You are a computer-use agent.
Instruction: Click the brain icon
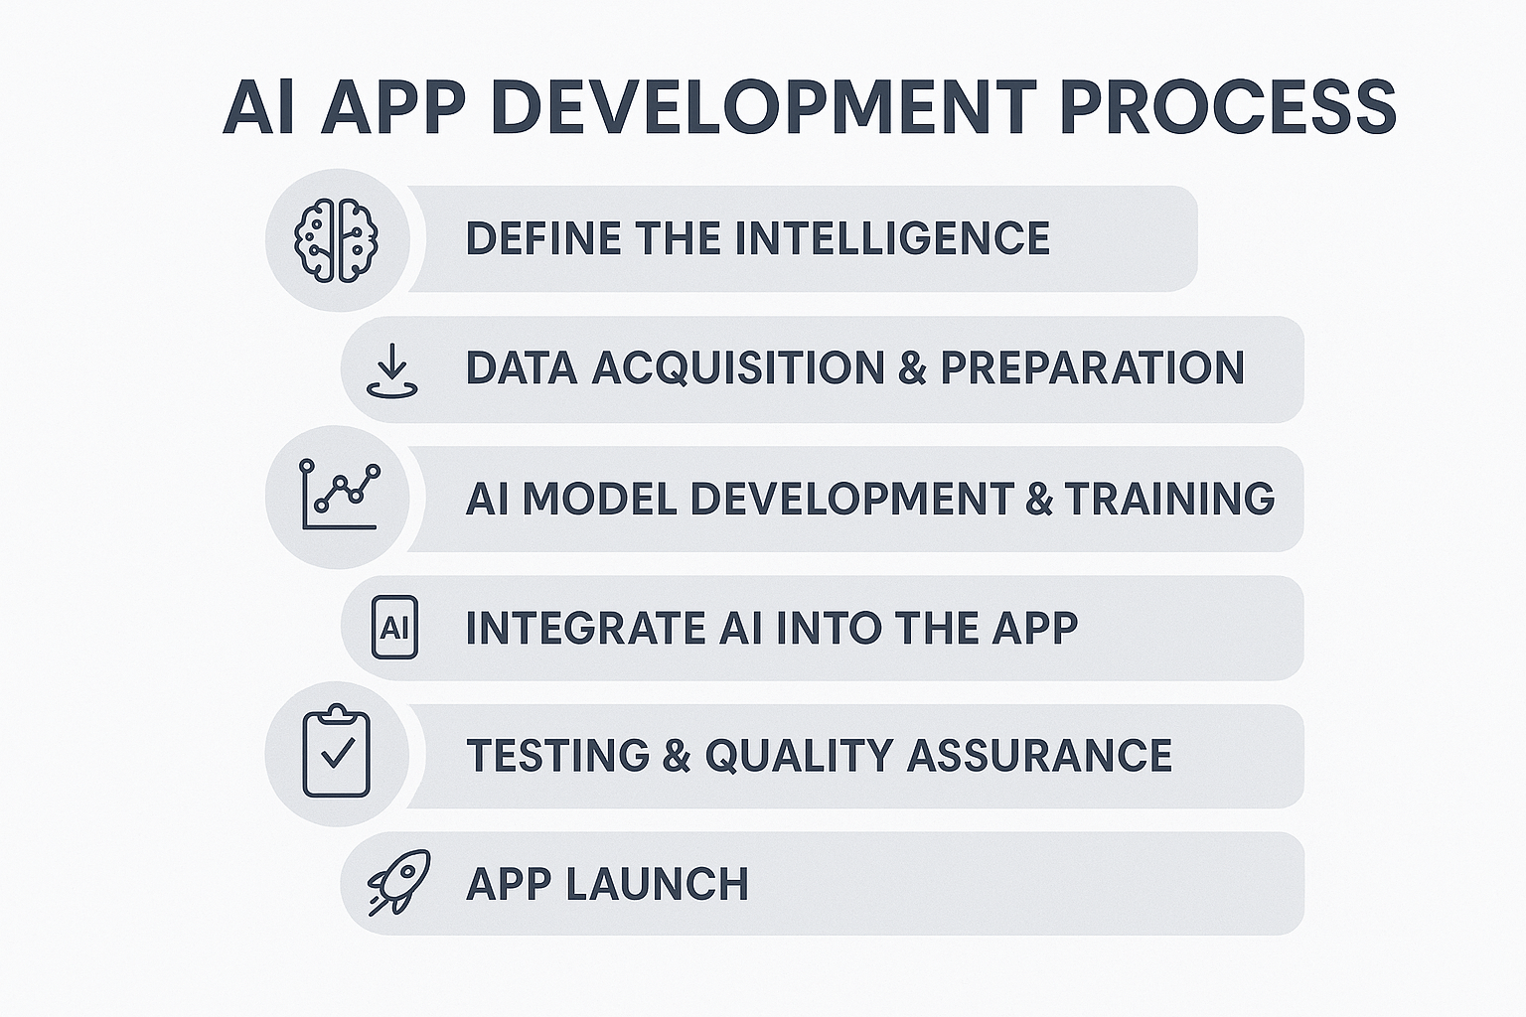click(x=336, y=240)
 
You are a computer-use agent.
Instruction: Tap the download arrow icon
click(x=391, y=370)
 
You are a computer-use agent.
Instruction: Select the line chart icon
click(x=340, y=495)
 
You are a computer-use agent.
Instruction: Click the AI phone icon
click(x=394, y=628)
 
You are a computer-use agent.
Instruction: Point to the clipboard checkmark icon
click(x=337, y=752)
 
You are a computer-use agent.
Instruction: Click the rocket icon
click(x=399, y=882)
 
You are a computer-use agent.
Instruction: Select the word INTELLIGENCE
click(x=892, y=237)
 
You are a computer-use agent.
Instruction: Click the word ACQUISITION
click(x=738, y=367)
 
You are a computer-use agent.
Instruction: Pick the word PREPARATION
click(x=1093, y=367)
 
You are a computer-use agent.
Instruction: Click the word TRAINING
click(x=1169, y=498)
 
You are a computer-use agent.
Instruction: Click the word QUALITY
click(x=799, y=755)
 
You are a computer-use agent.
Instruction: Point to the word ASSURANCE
click(x=1039, y=755)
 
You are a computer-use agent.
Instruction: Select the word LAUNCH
click(x=657, y=884)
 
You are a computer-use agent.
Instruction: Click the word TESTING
click(x=558, y=755)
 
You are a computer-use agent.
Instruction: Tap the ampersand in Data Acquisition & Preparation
click(x=913, y=367)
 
